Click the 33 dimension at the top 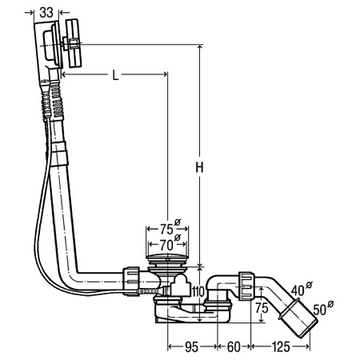pyautogui.click(x=46, y=12)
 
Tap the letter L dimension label pyautogui.click(x=115, y=75)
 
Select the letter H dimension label pyautogui.click(x=199, y=167)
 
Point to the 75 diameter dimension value pyautogui.click(x=166, y=229)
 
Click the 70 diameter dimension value pyautogui.click(x=166, y=245)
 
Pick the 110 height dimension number pyautogui.click(x=198, y=291)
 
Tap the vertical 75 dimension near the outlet pyautogui.click(x=262, y=308)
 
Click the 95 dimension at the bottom pyautogui.click(x=191, y=347)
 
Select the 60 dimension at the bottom pyautogui.click(x=234, y=347)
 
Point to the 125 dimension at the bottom pyautogui.click(x=281, y=347)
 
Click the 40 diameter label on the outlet pyautogui.click(x=298, y=290)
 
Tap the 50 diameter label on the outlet pyautogui.click(x=320, y=310)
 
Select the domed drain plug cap pyautogui.click(x=168, y=256)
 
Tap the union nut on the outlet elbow pyautogui.click(x=246, y=286)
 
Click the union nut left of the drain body pyautogui.click(x=131, y=282)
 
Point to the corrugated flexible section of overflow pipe pyautogui.click(x=57, y=98)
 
